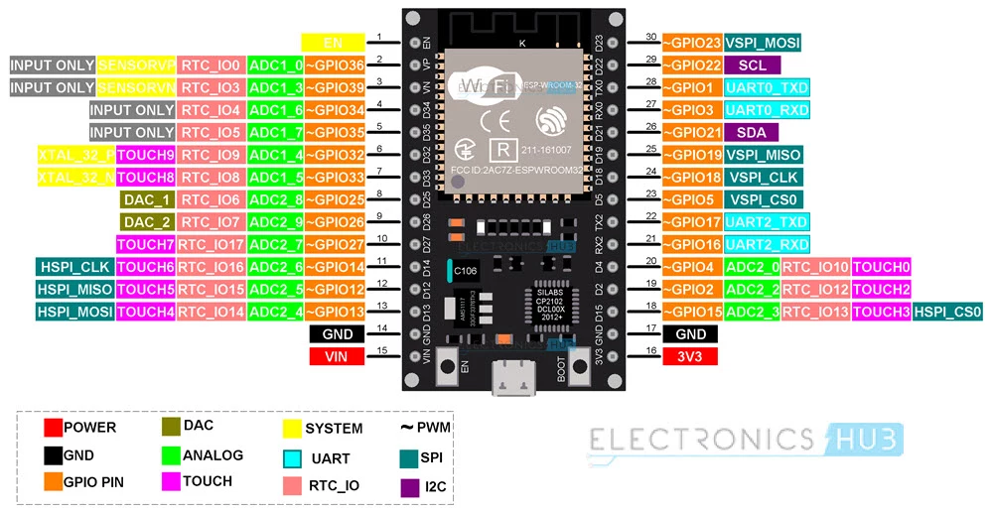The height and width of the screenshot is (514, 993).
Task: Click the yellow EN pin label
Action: click(x=333, y=42)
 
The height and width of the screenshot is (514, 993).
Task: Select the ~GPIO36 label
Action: click(x=335, y=64)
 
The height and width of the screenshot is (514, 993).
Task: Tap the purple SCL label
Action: click(x=752, y=64)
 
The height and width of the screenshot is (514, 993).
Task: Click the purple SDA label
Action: click(x=752, y=132)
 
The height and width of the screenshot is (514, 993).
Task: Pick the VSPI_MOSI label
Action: click(x=763, y=42)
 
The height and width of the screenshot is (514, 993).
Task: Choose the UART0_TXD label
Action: click(x=767, y=87)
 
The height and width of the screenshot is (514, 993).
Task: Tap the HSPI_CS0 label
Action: click(x=948, y=312)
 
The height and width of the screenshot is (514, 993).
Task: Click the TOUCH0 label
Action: click(x=882, y=267)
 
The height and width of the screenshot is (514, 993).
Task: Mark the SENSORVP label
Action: click(x=136, y=64)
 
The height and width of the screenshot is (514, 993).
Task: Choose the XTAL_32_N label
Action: click(x=75, y=177)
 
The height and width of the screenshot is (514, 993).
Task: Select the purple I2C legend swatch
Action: click(x=407, y=487)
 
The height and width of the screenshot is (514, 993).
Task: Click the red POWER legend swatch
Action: click(x=53, y=428)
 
